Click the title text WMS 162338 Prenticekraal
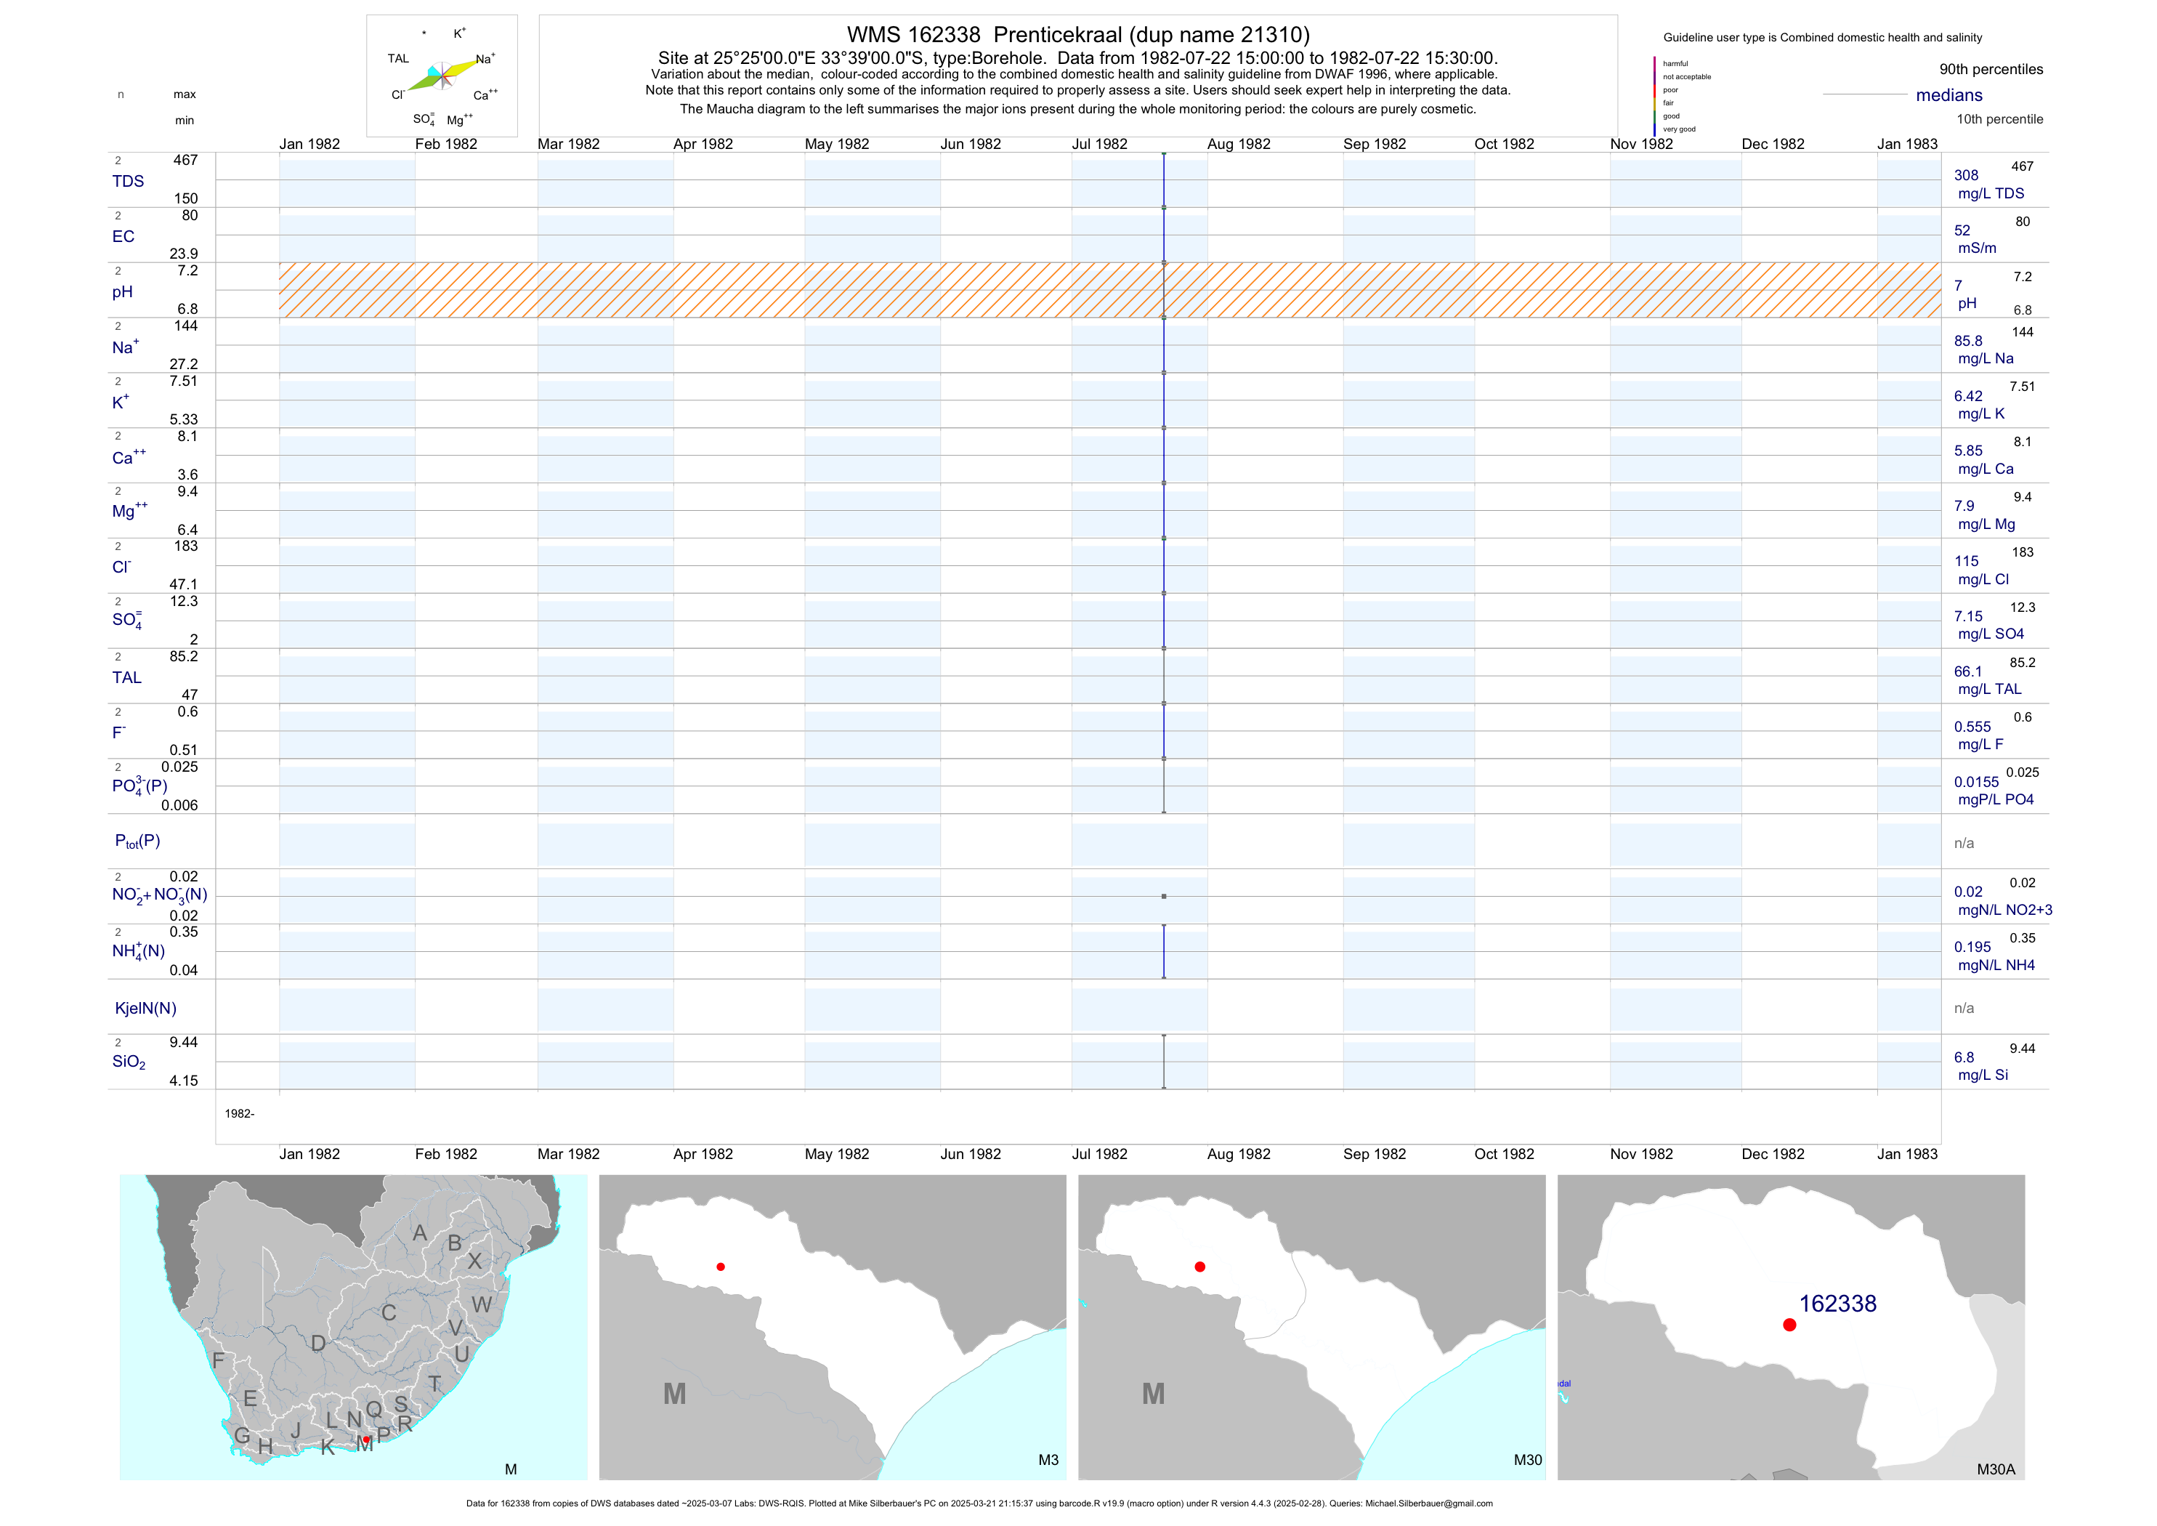pos(1077,35)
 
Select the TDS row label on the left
pos(128,182)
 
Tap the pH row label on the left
pos(122,292)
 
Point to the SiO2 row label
pos(129,1062)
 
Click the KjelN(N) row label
pos(145,1009)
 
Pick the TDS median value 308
pos(1965,176)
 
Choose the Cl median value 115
pos(1965,562)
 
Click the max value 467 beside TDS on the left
pos(185,161)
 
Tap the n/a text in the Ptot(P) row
pos(1964,844)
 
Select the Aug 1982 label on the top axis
pos(1238,145)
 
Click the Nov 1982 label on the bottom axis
pos(1641,1154)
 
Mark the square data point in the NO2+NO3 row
pos(1164,897)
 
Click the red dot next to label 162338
pos(1789,1325)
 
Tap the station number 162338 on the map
pos(1837,1304)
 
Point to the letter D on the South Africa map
pos(318,1344)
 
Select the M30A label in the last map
pos(1996,1469)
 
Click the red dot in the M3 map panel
pos(721,1267)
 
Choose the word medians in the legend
pos(1948,96)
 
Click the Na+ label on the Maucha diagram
pos(485,59)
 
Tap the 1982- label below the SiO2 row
pos(240,1113)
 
